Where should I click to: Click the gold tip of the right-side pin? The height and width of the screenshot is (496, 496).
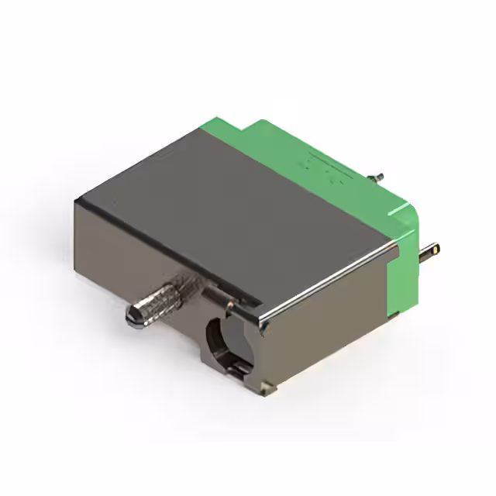pos(436,250)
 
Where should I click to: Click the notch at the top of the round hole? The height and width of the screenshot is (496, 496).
pos(229,311)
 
